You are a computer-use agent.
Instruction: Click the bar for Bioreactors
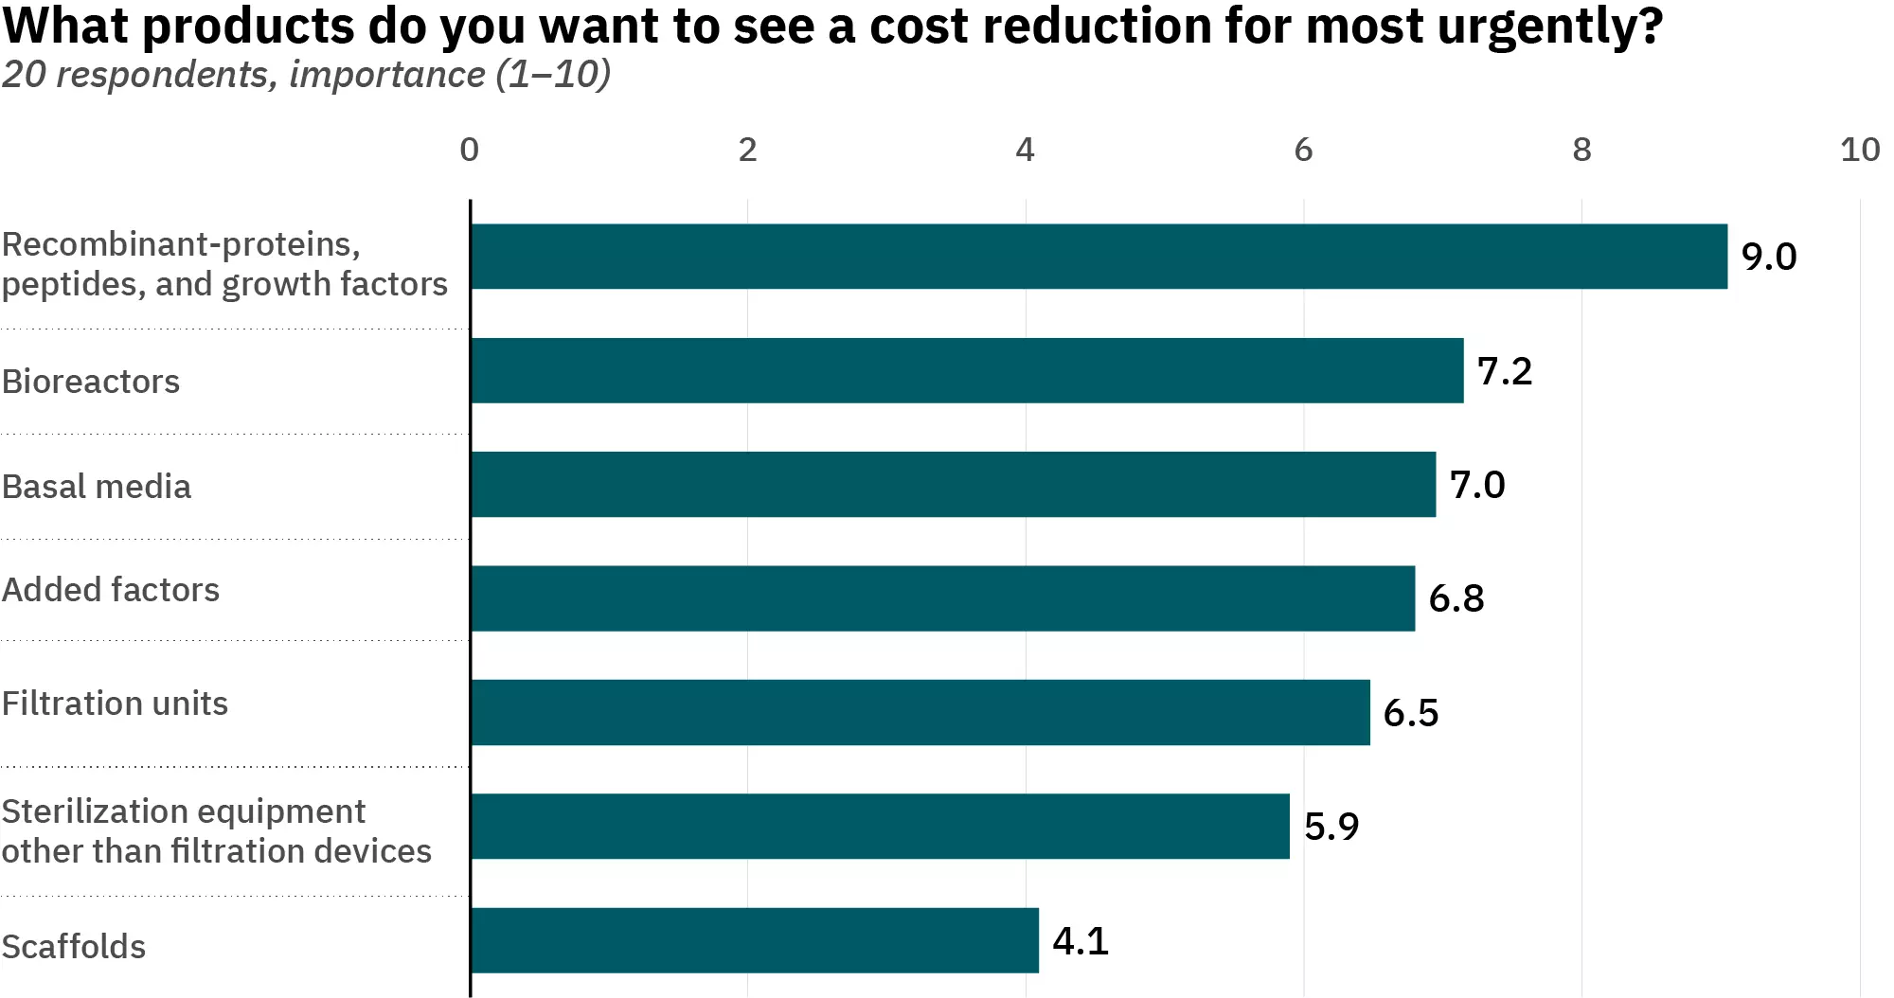click(x=966, y=370)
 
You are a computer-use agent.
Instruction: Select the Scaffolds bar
click(x=755, y=940)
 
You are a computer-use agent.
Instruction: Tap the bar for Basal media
click(x=953, y=484)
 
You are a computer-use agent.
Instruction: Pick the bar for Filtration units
click(x=920, y=712)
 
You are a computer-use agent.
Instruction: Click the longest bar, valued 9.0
click(x=1099, y=257)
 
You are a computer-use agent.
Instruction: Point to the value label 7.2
click(x=1504, y=371)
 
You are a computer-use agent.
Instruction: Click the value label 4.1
click(x=1081, y=941)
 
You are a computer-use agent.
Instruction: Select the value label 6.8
click(x=1456, y=598)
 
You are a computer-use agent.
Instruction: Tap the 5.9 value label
click(x=1331, y=827)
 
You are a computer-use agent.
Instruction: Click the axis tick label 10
click(x=1859, y=150)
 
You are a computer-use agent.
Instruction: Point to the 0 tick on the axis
click(x=469, y=150)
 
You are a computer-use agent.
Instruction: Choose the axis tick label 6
click(x=1303, y=150)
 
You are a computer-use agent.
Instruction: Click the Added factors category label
click(x=111, y=590)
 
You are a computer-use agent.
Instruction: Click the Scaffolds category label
click(x=74, y=947)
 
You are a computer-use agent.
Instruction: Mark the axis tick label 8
click(x=1581, y=150)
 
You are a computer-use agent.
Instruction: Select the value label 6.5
click(x=1410, y=713)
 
